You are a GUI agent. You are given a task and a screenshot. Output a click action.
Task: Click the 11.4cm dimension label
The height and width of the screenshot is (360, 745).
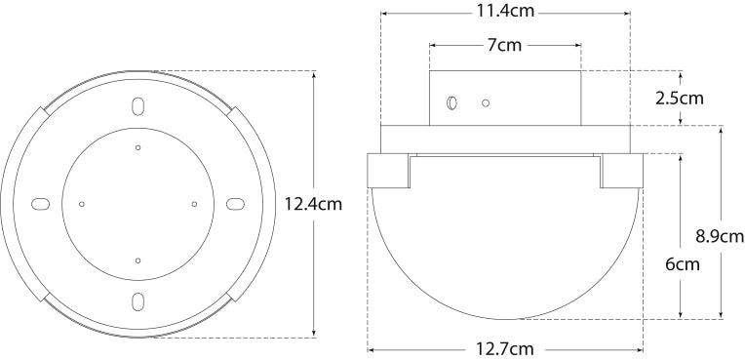click(505, 12)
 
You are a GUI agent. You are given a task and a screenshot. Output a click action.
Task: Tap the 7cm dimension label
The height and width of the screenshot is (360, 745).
click(504, 45)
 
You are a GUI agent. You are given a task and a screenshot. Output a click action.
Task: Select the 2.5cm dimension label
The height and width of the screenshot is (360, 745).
click(680, 99)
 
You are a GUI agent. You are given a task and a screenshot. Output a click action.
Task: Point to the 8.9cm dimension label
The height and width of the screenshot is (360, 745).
click(721, 236)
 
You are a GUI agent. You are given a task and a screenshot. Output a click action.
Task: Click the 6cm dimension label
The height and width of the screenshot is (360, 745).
click(683, 264)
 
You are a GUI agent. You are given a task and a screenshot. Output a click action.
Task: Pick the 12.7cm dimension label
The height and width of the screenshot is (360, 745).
click(504, 349)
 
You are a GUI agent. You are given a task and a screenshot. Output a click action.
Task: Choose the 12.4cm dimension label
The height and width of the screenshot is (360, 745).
click(313, 204)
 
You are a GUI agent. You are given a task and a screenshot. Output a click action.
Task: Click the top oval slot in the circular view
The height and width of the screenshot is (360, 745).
click(137, 106)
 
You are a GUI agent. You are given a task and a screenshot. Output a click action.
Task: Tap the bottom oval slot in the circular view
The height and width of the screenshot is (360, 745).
click(137, 301)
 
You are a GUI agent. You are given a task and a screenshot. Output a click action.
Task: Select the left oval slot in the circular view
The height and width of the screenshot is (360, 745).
click(40, 204)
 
